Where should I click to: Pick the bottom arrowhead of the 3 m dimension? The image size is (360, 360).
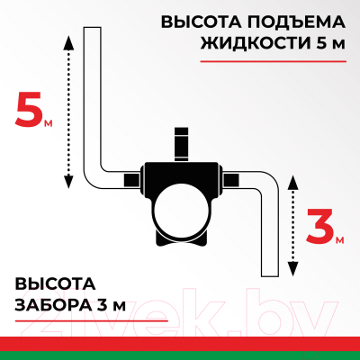coord(291,270)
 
